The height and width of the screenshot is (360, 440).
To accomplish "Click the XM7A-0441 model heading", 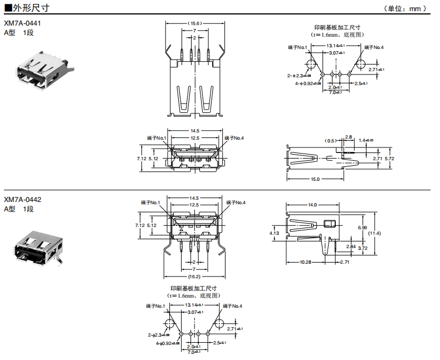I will tap(22, 24).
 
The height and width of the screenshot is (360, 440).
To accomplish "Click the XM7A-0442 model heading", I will tap(22, 199).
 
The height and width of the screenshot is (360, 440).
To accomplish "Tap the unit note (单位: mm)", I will tap(405, 8).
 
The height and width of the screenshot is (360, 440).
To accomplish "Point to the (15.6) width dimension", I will tap(194, 23).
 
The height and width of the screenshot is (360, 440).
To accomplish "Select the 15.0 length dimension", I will tap(315, 179).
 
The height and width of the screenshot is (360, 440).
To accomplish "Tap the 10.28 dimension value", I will tap(305, 262).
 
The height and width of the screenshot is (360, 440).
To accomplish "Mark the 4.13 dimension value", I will tap(274, 233).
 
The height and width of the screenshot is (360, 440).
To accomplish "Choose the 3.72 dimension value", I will tap(362, 248).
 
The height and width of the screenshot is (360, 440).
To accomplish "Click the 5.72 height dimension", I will tap(389, 159).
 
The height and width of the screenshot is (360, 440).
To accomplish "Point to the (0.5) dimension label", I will tap(331, 140).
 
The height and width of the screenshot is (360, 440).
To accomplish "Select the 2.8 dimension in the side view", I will tap(348, 136).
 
